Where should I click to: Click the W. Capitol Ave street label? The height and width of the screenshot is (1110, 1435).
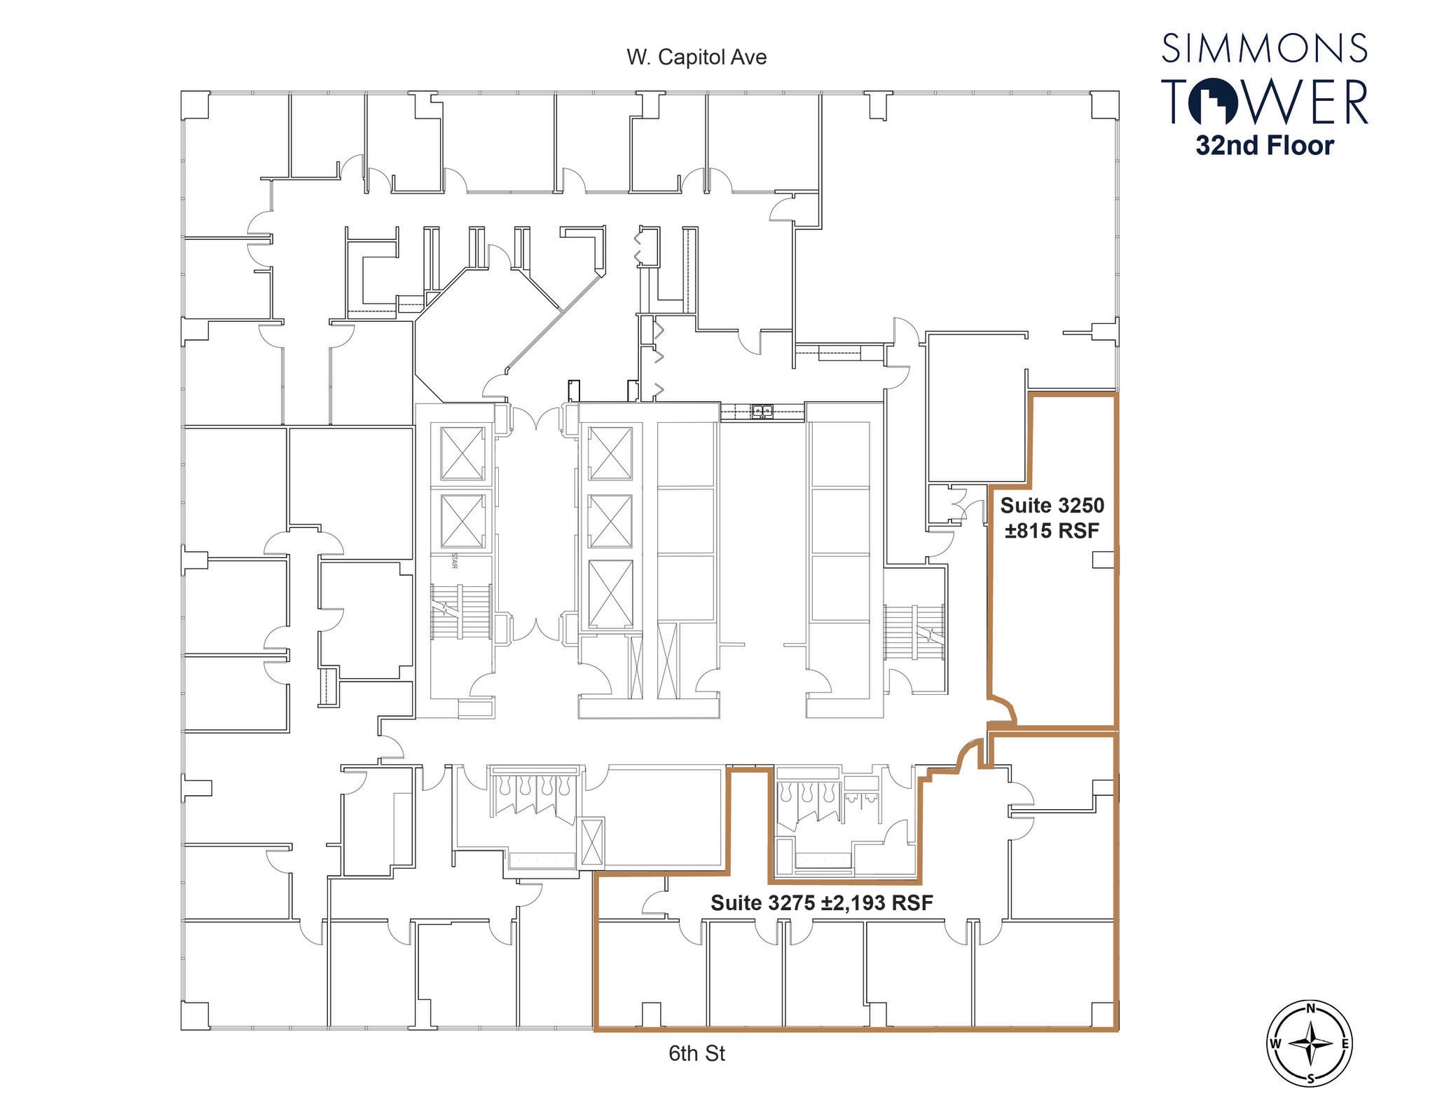696,57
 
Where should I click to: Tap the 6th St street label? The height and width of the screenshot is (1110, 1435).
696,1053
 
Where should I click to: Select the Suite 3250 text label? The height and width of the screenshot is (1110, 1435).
1052,505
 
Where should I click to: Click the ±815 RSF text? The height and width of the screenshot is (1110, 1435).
1052,531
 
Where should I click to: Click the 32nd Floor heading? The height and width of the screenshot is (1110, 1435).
1264,146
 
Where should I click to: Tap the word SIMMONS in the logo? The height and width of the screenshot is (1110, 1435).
1264,48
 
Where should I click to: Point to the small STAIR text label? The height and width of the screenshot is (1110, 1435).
454,562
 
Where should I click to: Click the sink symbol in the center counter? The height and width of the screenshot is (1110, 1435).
762,411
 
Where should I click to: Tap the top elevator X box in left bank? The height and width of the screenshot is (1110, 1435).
462,452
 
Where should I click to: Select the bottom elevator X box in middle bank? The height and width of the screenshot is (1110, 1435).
610,593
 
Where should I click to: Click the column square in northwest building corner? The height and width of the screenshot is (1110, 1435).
195,105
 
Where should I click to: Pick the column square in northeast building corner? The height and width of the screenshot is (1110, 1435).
1103,105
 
